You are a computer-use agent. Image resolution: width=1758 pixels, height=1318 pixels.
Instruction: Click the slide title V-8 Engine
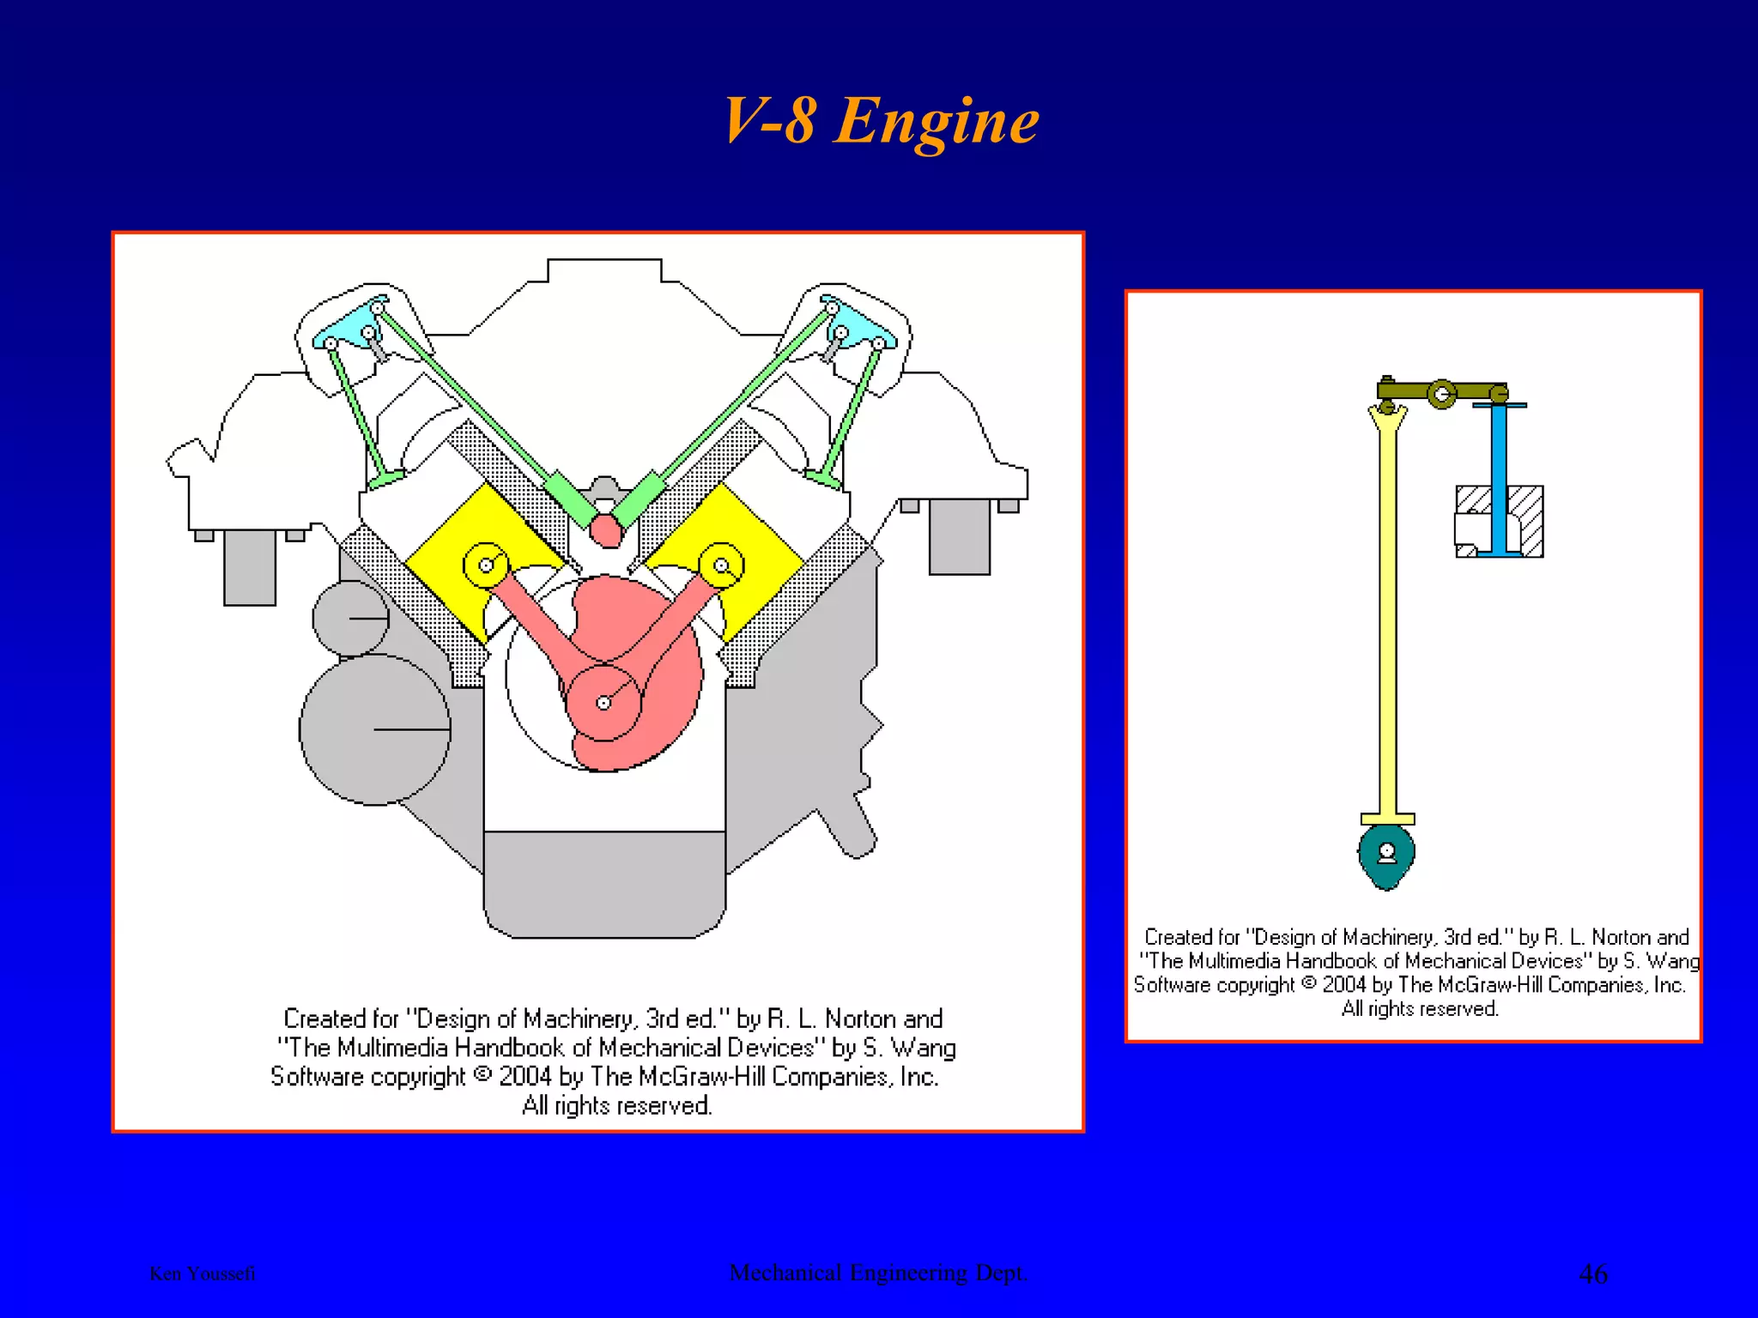pos(881,122)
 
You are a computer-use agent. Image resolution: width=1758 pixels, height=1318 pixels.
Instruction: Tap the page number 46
pos(1593,1273)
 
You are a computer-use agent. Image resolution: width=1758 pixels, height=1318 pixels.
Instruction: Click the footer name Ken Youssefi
pos(203,1273)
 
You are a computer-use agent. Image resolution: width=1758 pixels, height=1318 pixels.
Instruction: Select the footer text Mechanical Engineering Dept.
pos(878,1273)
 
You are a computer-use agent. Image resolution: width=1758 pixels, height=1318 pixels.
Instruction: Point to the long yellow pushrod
pos(1388,618)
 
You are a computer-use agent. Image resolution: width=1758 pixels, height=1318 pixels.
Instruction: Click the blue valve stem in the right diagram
pos(1499,481)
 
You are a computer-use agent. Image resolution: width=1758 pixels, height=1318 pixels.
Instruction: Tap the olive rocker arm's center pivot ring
pos(1442,394)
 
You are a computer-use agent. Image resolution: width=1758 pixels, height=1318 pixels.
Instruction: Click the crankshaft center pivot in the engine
pos(603,703)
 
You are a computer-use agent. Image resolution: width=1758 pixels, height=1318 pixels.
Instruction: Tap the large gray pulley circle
pos(374,729)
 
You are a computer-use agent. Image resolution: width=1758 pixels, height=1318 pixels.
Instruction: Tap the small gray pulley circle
pos(350,618)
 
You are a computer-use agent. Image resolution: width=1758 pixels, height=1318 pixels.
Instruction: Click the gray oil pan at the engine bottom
pos(604,884)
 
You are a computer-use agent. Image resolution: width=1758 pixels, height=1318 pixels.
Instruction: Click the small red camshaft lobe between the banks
pos(606,530)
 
